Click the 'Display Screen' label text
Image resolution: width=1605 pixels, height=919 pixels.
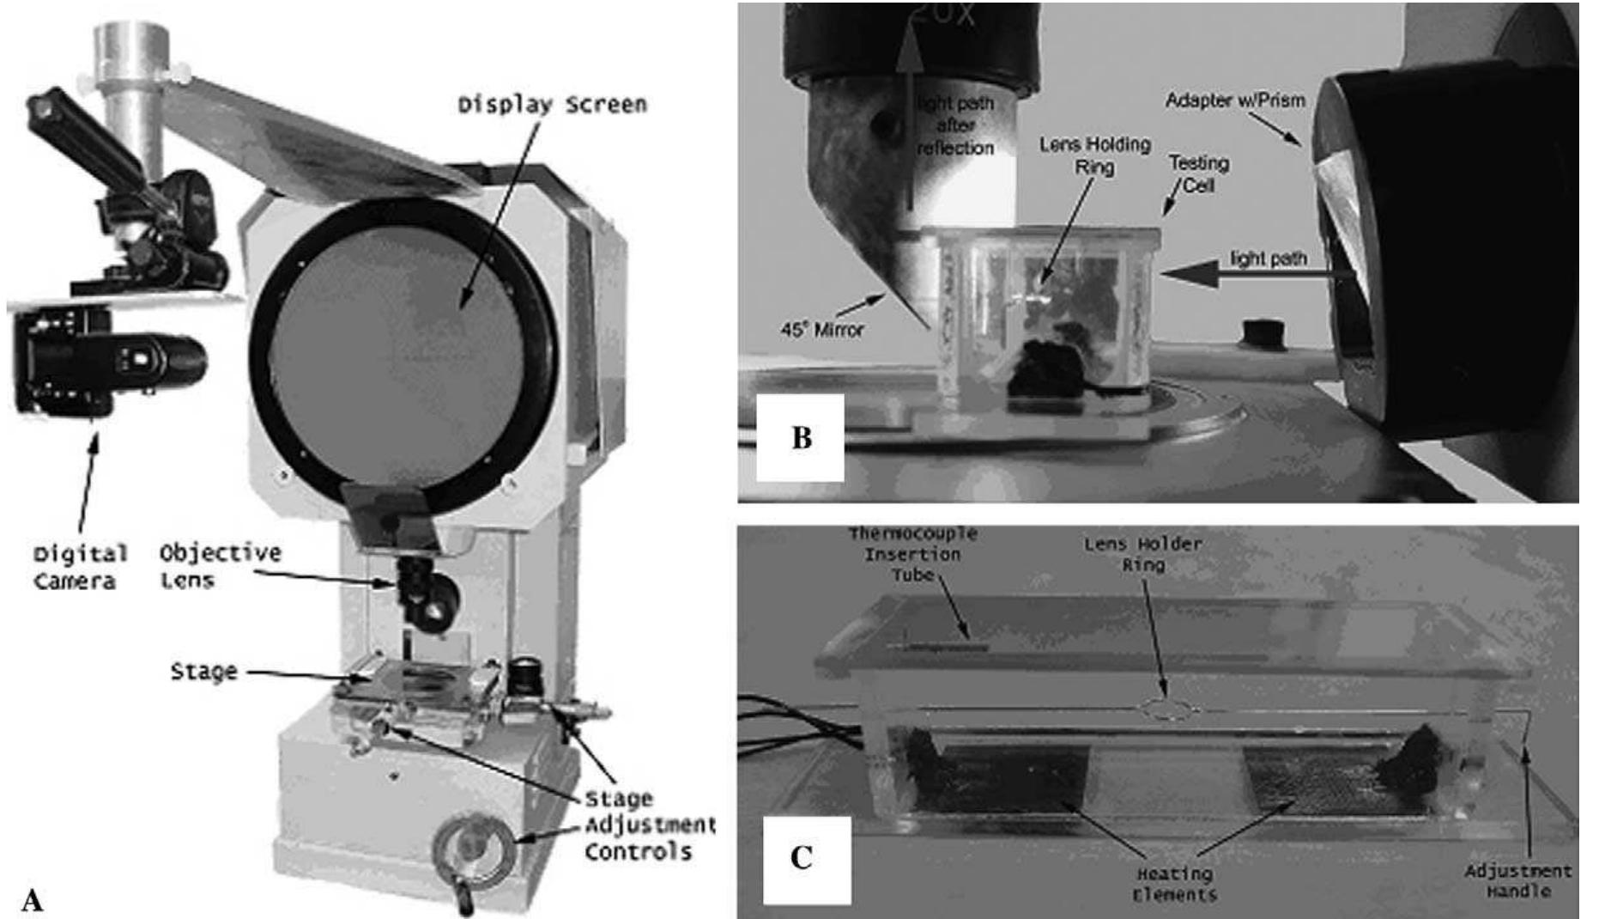[x=551, y=105]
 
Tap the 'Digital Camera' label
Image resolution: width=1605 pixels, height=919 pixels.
[x=79, y=567]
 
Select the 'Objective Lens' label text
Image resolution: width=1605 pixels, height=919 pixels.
[x=220, y=565]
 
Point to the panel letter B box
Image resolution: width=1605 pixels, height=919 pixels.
[x=800, y=438]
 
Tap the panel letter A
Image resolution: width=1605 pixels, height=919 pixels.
[x=32, y=900]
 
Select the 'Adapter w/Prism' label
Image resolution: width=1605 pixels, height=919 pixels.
[x=1234, y=100]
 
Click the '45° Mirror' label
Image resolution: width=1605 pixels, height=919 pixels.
[x=821, y=329]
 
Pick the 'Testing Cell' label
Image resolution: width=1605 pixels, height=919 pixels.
[x=1198, y=173]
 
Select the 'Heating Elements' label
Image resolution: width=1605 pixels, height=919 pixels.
[x=1174, y=884]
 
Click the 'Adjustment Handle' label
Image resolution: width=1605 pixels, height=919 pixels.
[x=1517, y=880]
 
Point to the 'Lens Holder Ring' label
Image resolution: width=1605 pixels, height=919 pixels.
[x=1142, y=554]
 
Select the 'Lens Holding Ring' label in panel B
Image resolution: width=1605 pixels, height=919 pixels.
[x=1094, y=155]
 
